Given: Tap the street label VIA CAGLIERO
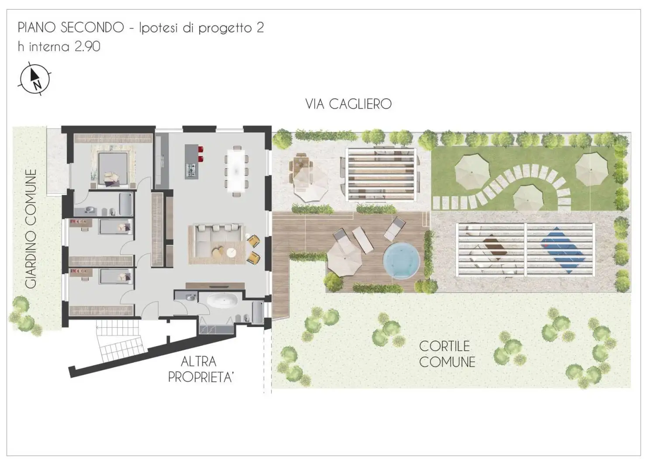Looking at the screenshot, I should tap(348, 104).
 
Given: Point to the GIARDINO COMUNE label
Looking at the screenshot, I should tap(31, 229).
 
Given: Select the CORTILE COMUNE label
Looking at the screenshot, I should tap(447, 354).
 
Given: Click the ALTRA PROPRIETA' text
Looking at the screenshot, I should tap(200, 369).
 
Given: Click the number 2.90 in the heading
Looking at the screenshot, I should tap(87, 46).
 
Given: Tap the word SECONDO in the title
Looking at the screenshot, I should tap(92, 28).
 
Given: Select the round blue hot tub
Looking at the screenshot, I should tap(401, 260).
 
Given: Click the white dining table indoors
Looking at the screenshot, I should tap(236, 169).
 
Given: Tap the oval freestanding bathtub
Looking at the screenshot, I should tap(222, 301).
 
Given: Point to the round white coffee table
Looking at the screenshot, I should tap(231, 253).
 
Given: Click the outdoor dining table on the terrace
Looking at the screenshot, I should tap(301, 166).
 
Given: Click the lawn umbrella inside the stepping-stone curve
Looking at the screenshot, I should tap(528, 198).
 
